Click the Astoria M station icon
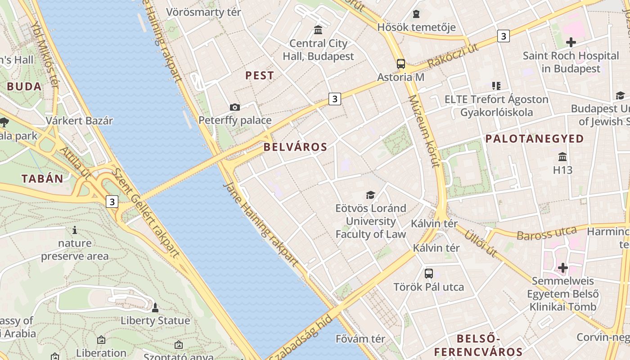(400, 64)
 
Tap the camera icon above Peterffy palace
(234, 107)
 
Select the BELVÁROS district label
(295, 147)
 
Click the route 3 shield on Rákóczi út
(503, 36)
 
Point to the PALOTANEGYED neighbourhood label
(535, 139)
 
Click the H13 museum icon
(562, 157)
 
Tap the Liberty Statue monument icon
(155, 308)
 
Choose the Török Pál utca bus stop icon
(428, 273)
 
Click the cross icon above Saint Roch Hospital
(571, 43)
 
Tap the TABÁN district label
(42, 178)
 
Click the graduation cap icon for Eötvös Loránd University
(370, 195)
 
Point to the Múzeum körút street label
(423, 131)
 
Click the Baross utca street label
(546, 234)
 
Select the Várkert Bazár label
(79, 121)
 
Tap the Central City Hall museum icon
(318, 30)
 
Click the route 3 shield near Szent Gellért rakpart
(112, 201)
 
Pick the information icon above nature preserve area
(75, 230)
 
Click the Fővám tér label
(360, 338)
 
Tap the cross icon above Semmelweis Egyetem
(562, 268)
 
